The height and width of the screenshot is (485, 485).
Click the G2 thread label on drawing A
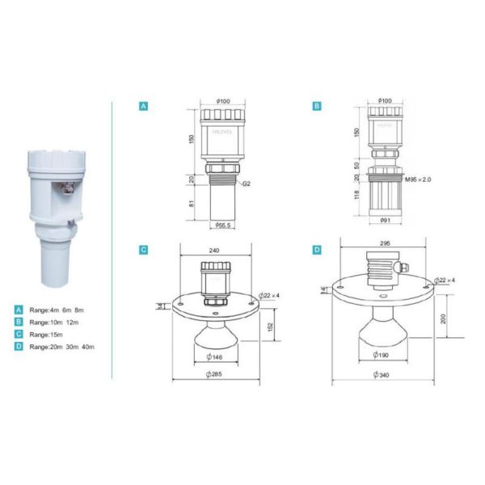[246, 185]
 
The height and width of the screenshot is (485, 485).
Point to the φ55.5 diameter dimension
[218, 225]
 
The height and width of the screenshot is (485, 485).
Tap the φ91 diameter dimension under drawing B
[385, 220]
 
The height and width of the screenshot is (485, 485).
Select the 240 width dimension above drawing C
[213, 251]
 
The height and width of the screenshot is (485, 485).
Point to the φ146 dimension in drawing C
[216, 356]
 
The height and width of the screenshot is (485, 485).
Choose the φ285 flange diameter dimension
[216, 374]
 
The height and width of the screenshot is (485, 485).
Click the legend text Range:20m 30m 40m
[61, 346]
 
